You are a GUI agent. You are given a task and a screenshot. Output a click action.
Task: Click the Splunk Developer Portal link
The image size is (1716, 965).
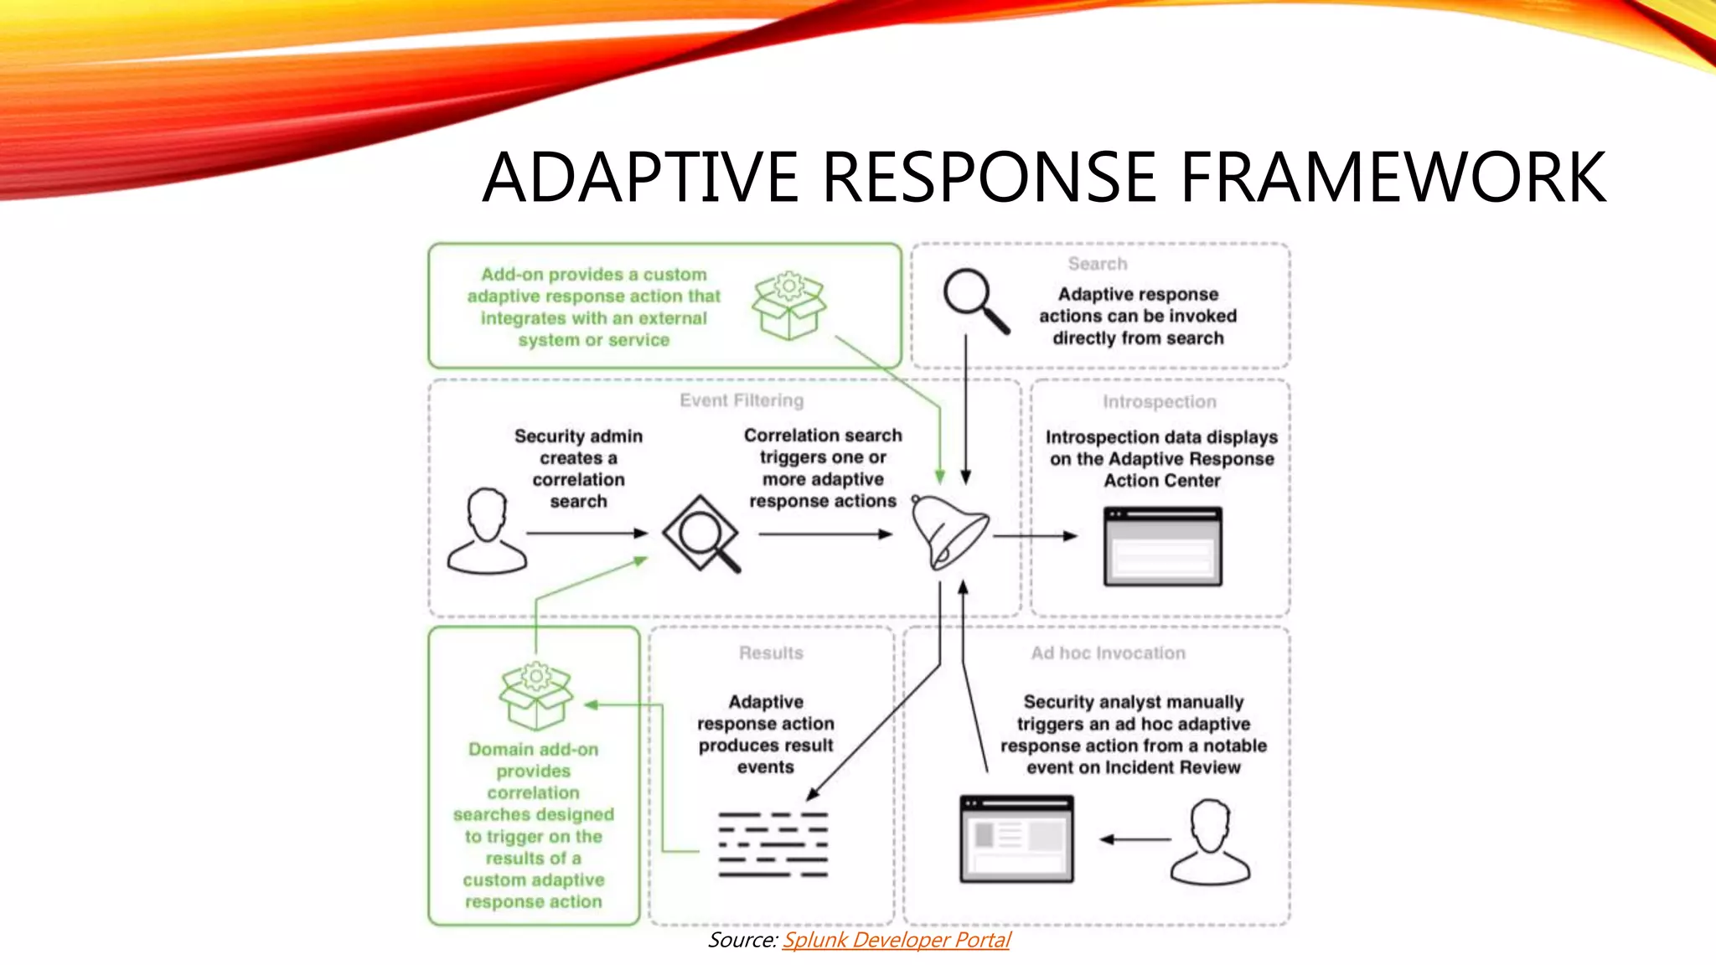[x=896, y=940]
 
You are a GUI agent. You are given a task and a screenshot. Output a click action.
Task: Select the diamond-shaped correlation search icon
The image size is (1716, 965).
[x=700, y=534]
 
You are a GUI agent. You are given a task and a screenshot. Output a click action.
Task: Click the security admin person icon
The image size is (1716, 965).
[x=488, y=532]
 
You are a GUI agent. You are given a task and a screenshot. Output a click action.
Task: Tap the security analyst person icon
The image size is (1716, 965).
[x=1210, y=842]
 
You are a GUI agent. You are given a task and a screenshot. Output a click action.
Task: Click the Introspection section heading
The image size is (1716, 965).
[x=1159, y=402]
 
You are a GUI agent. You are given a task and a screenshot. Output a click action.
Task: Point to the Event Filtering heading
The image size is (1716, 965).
[x=742, y=400]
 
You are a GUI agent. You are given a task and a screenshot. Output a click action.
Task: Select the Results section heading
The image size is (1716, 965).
[x=771, y=653]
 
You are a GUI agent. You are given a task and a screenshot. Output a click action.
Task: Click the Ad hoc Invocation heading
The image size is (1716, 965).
[x=1108, y=653]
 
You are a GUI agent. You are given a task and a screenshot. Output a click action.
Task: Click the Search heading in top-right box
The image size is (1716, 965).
[x=1097, y=264]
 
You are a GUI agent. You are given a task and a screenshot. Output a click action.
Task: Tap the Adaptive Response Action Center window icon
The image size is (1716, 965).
[x=1162, y=546]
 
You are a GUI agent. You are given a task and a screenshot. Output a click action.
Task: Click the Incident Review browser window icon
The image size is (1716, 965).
[x=1016, y=839]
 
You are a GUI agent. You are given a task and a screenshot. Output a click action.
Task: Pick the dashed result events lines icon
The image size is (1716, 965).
[x=773, y=844]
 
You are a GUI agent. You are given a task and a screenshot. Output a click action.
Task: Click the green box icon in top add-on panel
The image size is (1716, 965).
[x=788, y=306]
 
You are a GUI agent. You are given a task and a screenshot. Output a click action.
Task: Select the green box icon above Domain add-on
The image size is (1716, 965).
[x=536, y=696]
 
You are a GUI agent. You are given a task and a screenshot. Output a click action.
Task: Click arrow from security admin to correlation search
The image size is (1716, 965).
[x=587, y=534]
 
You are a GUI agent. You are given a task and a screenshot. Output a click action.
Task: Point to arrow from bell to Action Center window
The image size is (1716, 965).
[x=1035, y=536]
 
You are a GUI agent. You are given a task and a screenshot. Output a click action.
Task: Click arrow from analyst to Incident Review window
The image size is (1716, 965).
[x=1135, y=839]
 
